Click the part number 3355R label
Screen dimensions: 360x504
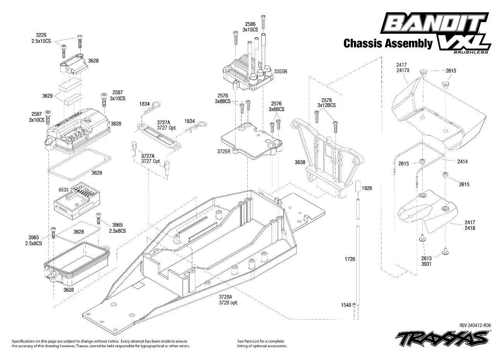pos(281,72)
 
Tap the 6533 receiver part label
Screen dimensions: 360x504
pos(63,189)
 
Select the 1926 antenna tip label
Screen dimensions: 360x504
pos(367,188)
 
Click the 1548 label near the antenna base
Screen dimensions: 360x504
pos(346,305)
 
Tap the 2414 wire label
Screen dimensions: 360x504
pos(462,161)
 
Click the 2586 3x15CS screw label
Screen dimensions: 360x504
pos(250,26)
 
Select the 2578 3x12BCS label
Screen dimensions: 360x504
pos(326,103)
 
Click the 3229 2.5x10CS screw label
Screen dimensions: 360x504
pos(41,38)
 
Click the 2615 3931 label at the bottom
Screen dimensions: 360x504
pos(426,261)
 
